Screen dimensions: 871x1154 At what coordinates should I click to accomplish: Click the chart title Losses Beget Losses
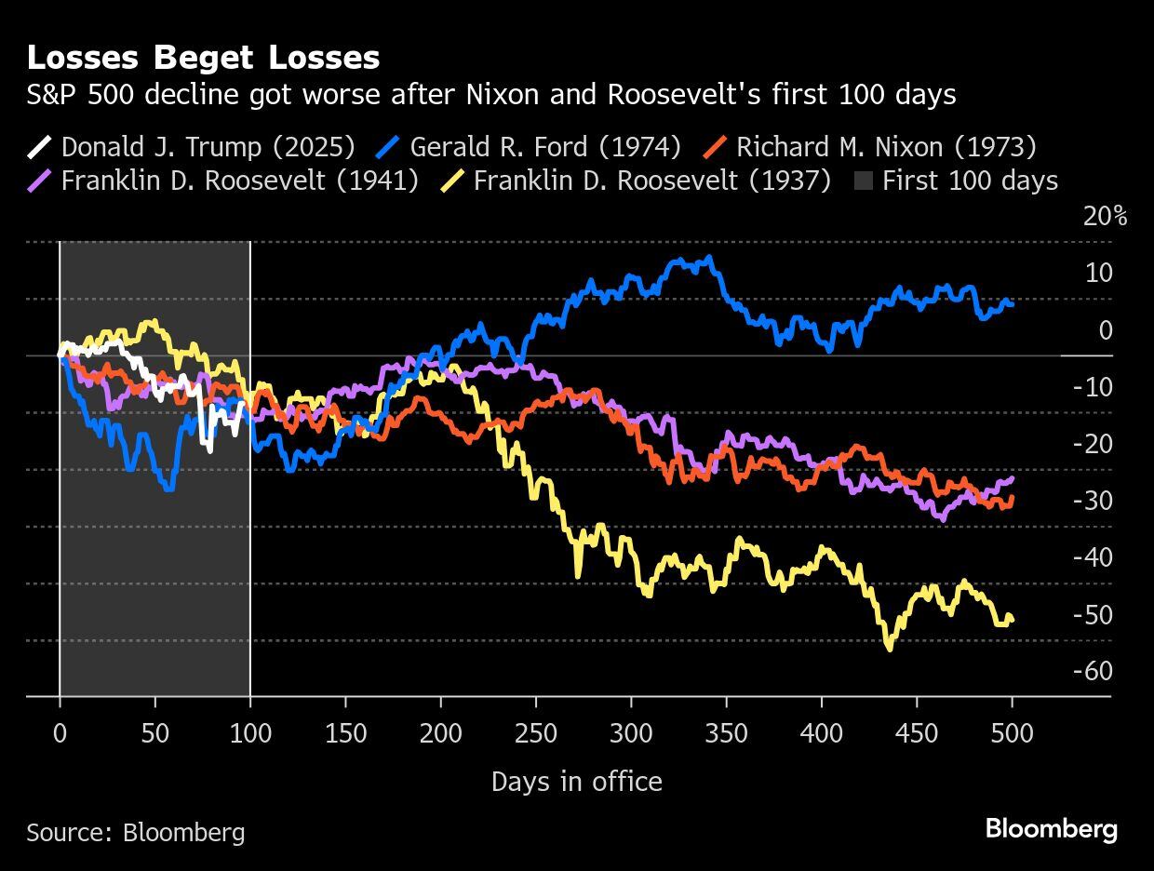click(203, 58)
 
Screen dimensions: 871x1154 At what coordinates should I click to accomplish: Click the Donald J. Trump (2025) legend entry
click(192, 147)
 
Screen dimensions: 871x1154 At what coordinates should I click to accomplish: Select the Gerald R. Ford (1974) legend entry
click(530, 147)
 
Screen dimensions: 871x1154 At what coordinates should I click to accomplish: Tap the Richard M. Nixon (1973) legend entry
click(869, 147)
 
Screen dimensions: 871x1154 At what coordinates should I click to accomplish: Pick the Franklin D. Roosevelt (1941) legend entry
click(223, 180)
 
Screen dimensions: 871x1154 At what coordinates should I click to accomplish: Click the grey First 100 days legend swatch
click(863, 180)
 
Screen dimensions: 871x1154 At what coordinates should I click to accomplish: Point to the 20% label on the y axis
click(1105, 217)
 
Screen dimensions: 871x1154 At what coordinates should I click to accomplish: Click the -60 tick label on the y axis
click(1092, 671)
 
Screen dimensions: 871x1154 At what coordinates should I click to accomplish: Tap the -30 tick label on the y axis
click(1092, 501)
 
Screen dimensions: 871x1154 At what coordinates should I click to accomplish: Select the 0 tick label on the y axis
click(1105, 330)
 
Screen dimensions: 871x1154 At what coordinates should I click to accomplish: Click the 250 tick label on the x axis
click(536, 733)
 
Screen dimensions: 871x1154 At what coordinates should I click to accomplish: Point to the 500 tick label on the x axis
click(1012, 733)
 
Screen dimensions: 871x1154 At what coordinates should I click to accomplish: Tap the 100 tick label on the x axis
click(250, 733)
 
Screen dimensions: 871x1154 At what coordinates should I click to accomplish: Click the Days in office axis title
click(576, 782)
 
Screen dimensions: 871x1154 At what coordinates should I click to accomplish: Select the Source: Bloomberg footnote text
click(136, 831)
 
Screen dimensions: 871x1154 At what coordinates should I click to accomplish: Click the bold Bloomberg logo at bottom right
click(1051, 828)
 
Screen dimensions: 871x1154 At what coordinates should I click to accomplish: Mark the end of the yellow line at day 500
click(1012, 619)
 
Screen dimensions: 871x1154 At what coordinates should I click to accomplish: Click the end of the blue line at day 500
click(1012, 303)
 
